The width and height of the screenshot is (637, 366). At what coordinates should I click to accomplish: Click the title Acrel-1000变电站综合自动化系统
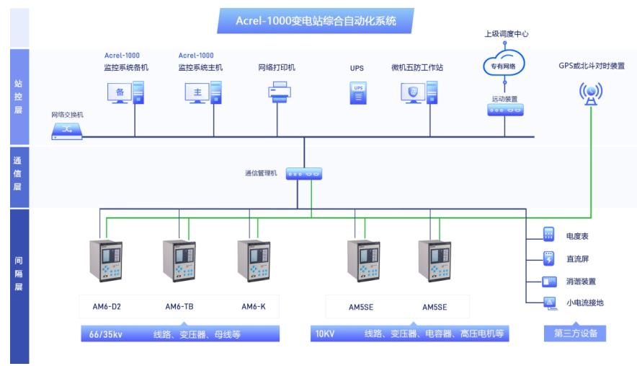[316, 22]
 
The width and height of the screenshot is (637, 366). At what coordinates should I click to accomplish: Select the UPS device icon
[358, 92]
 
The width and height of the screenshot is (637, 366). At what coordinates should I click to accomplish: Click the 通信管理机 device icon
[303, 174]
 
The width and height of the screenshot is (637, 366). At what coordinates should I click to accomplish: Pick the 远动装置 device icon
[504, 110]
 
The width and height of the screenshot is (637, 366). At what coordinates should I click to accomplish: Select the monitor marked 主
[196, 92]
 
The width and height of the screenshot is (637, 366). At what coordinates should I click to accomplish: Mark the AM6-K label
[254, 307]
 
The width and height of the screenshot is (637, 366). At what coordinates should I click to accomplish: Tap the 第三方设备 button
[574, 334]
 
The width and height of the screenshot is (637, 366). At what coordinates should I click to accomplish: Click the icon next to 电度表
[549, 235]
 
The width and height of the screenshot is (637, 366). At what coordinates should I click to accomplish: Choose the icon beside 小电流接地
[549, 303]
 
